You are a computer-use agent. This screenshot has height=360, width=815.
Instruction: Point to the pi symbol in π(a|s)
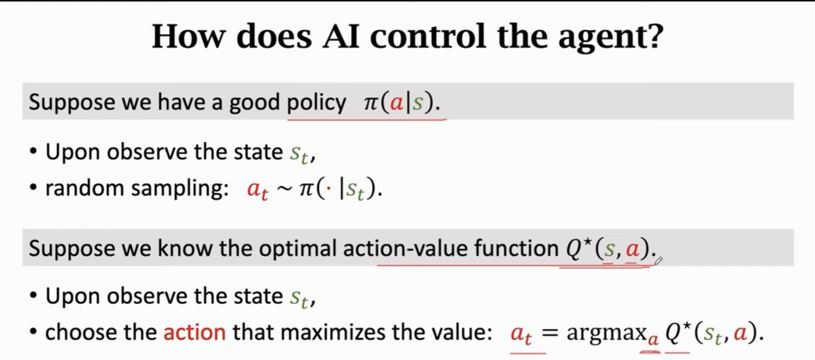[x=371, y=103]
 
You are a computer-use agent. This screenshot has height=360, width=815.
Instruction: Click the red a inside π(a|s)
[x=396, y=103]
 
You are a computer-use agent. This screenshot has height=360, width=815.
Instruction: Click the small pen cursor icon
[x=658, y=261]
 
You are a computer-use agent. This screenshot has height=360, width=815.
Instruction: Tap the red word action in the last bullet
[x=194, y=333]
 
